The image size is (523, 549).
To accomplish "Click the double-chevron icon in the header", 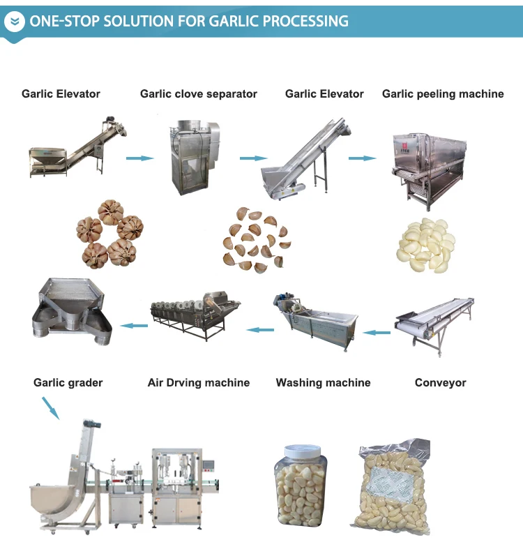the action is point(14,22).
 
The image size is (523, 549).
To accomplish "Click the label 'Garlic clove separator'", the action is point(199,93).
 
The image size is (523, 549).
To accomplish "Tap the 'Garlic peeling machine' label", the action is point(443,93).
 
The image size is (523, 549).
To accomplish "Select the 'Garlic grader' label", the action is point(68,382).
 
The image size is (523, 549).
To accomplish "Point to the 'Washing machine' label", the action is point(323,382).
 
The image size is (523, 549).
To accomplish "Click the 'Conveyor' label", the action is point(440,382).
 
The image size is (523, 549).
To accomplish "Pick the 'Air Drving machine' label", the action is point(199,382).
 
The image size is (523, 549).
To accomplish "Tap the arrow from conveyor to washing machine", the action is point(378,333).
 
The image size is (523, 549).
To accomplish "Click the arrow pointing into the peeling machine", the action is point(361,158).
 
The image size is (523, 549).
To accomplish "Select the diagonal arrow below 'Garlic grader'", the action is point(50,407).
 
